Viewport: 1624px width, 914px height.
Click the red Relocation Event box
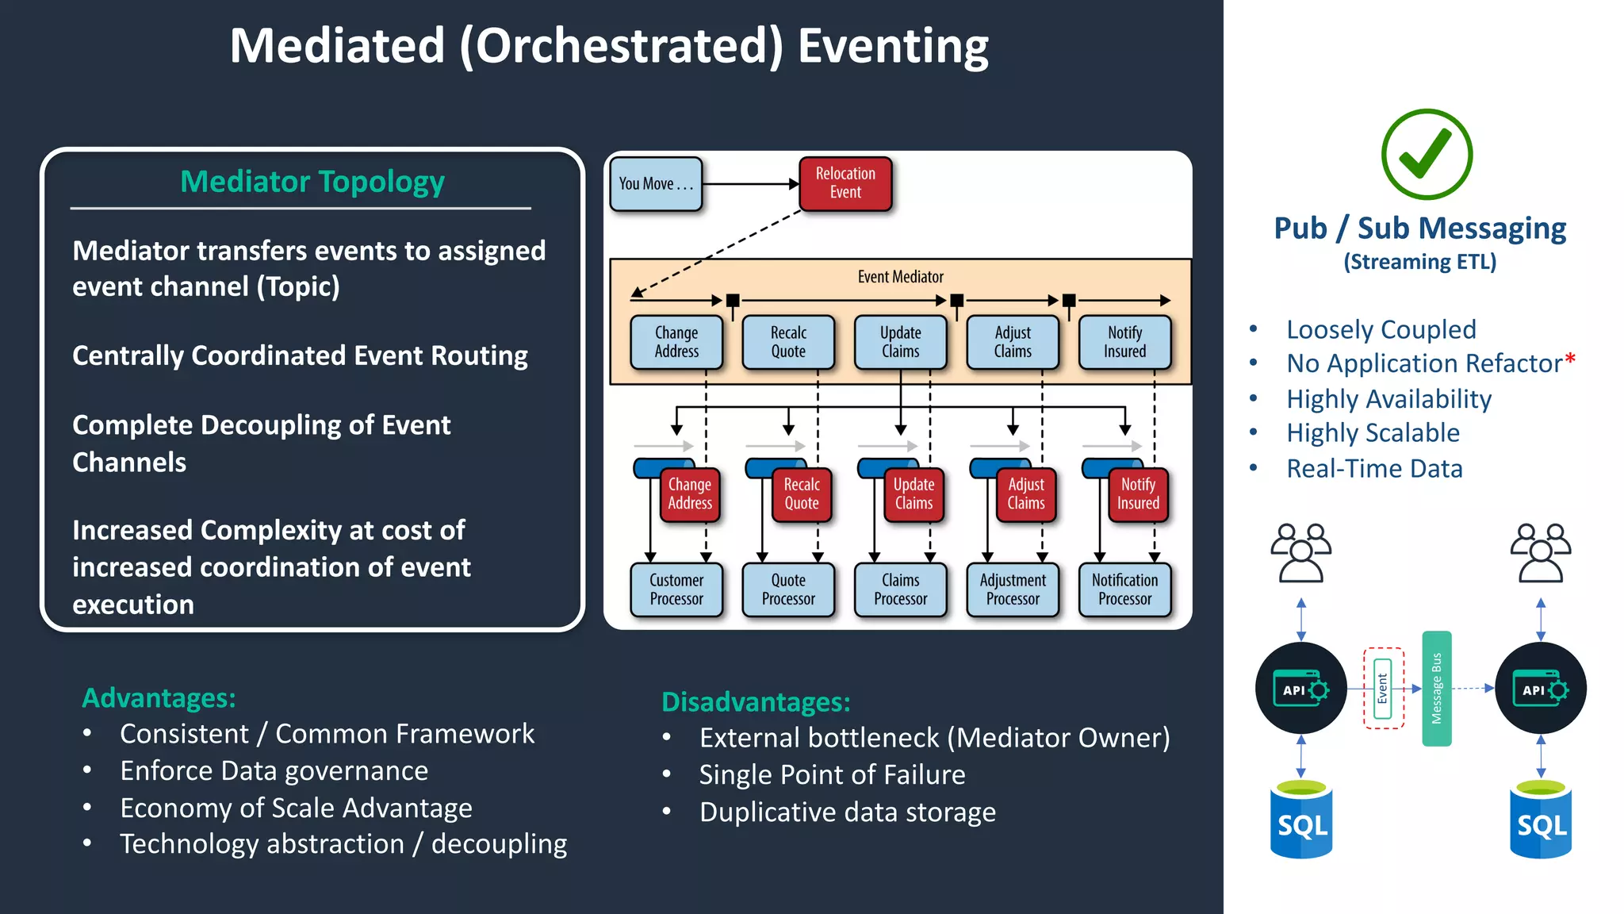tap(845, 183)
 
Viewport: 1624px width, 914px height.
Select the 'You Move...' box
tap(656, 184)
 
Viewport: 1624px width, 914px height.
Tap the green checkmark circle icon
tap(1427, 155)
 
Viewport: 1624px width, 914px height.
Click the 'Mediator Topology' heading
tap(312, 182)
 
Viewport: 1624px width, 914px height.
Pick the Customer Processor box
tap(676, 589)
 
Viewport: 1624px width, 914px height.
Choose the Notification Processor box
tap(1124, 589)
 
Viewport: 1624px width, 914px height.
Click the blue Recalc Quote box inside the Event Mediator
tap(788, 342)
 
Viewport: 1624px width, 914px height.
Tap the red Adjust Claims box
tap(1026, 493)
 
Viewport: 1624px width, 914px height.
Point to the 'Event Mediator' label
tap(900, 277)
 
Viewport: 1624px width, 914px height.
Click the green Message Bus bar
tap(1436, 688)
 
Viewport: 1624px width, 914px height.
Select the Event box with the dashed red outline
tap(1383, 688)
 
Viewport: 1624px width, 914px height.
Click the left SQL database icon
tap(1301, 820)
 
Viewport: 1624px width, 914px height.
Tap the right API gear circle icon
tap(1540, 689)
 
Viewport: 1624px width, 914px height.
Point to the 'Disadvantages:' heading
tap(756, 702)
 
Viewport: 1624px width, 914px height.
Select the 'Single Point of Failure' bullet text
tap(832, 774)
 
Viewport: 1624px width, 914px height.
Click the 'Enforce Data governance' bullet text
tap(274, 770)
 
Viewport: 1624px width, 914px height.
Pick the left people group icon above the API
tap(1300, 553)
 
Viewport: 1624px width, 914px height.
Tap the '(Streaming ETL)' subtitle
tap(1419, 262)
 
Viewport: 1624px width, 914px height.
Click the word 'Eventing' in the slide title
tap(893, 46)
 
